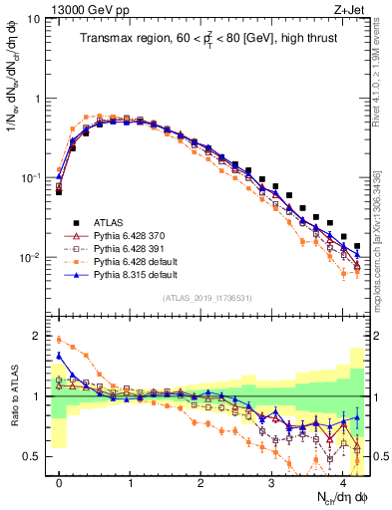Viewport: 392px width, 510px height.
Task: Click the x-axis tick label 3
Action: [272, 481]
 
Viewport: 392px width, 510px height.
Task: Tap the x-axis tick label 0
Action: [59, 481]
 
